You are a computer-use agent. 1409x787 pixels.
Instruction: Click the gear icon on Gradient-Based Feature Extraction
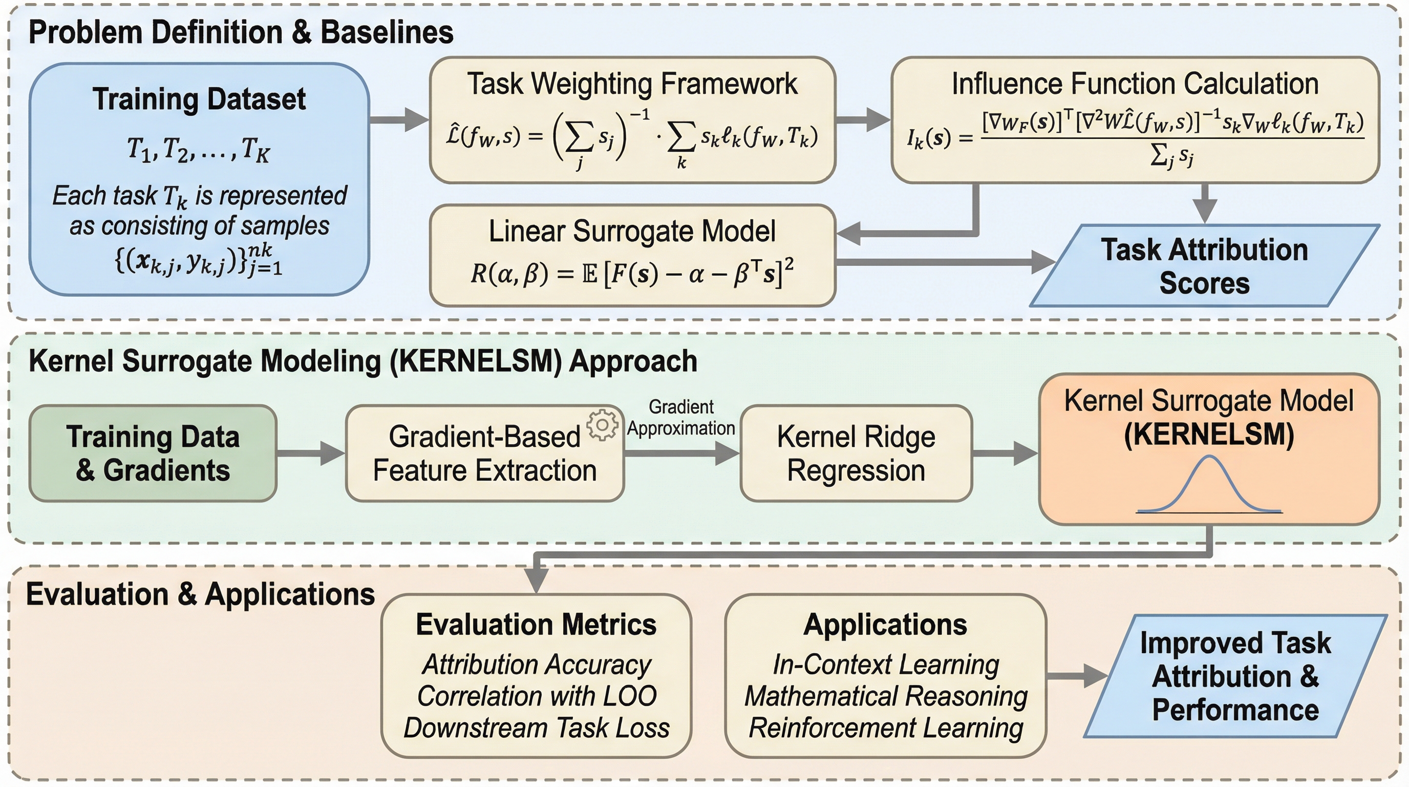[602, 425]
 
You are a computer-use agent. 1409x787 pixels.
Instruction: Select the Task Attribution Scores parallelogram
[1204, 266]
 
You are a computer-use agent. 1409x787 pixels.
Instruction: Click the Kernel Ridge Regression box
[856, 453]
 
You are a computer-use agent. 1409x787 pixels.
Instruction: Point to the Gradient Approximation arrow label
[681, 418]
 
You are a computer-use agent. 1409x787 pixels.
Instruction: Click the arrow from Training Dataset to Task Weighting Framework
[399, 119]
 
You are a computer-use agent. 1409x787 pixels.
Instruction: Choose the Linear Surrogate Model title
[632, 231]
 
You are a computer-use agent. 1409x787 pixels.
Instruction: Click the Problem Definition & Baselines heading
[241, 32]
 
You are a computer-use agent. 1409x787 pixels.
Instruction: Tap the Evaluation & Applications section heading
[200, 594]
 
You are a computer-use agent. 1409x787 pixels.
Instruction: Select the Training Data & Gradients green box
[153, 453]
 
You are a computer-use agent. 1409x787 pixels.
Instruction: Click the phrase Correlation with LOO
[537, 696]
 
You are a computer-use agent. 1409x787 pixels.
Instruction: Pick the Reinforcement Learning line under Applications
[886, 728]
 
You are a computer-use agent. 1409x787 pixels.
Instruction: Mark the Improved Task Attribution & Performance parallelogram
[1235, 676]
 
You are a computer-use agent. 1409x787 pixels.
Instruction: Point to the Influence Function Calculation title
[1135, 84]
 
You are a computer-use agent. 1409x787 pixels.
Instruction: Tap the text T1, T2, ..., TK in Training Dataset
[199, 149]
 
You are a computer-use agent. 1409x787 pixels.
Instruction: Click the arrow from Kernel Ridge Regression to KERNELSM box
[1004, 453]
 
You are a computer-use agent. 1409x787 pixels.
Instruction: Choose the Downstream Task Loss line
[537, 728]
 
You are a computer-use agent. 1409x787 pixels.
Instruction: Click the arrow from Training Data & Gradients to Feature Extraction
[311, 453]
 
